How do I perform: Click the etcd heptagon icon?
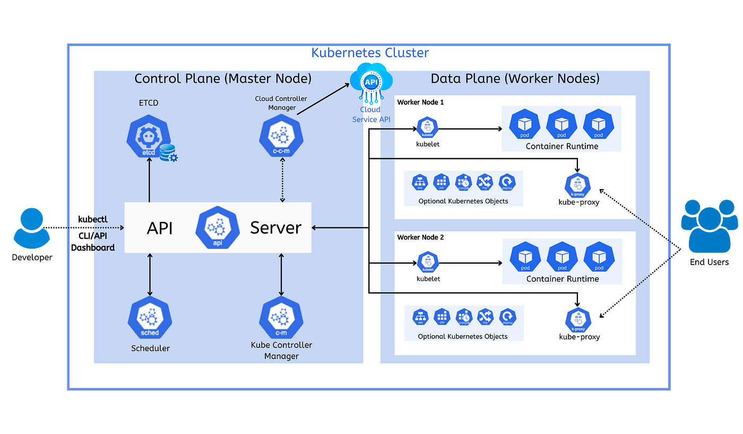[149, 136]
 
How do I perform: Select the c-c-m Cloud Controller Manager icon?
[281, 136]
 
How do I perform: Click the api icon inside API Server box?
[217, 227]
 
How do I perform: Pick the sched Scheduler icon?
[150, 319]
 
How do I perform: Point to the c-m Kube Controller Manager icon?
[281, 319]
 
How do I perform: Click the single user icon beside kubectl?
[32, 228]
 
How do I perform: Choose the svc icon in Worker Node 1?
[420, 182]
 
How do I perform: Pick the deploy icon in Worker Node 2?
[507, 317]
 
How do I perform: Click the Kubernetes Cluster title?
[370, 53]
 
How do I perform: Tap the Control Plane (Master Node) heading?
[223, 79]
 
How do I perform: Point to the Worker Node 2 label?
[420, 237]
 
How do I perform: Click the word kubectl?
[93, 219]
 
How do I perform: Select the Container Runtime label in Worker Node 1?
[561, 146]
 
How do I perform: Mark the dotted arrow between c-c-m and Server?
[282, 182]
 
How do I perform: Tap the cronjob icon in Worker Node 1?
[464, 182]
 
